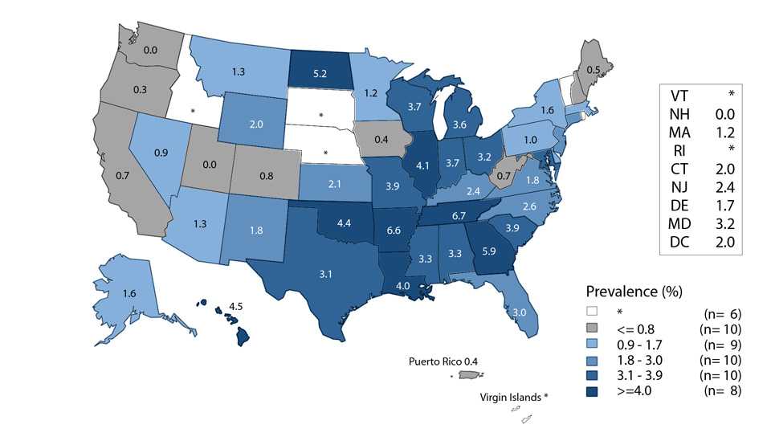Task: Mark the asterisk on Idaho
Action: [x=193, y=110]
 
